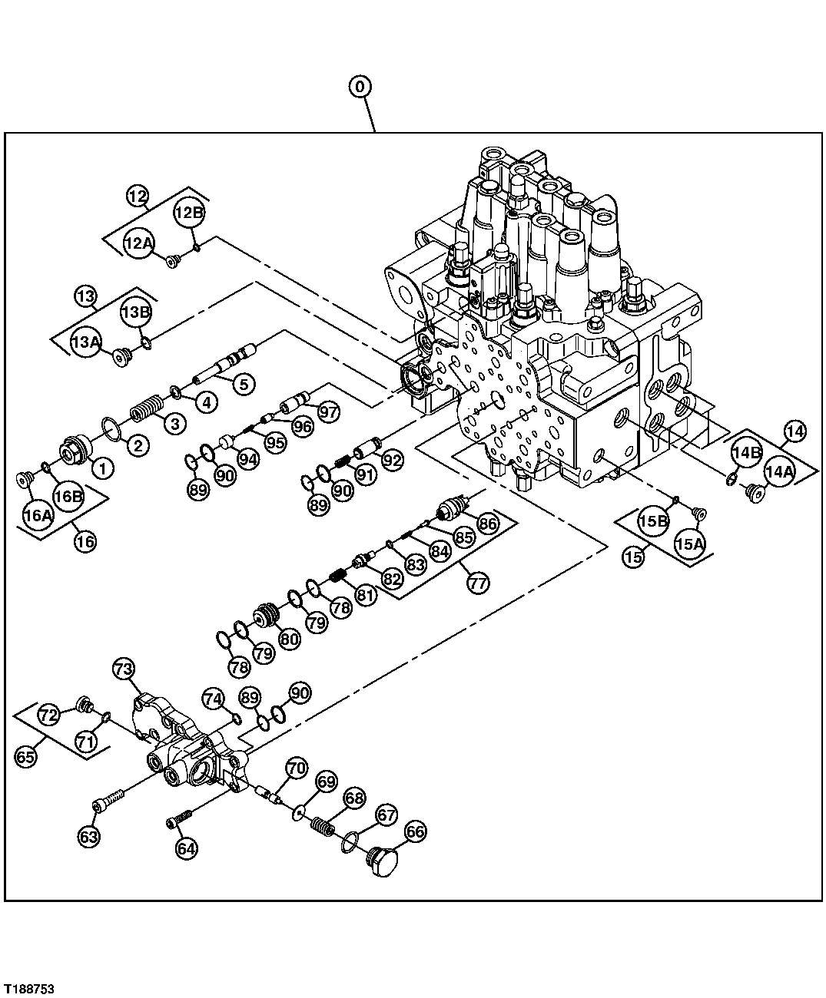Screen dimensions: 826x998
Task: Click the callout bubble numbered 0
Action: click(360, 87)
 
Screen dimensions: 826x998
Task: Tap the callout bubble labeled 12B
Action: click(189, 213)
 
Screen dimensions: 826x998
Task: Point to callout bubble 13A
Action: click(86, 342)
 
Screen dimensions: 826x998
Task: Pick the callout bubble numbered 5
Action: click(244, 383)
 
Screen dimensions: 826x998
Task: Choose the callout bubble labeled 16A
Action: click(38, 515)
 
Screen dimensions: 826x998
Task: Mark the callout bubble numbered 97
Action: click(329, 411)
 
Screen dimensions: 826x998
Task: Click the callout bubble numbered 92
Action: click(393, 460)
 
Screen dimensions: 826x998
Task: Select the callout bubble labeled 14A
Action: click(779, 472)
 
